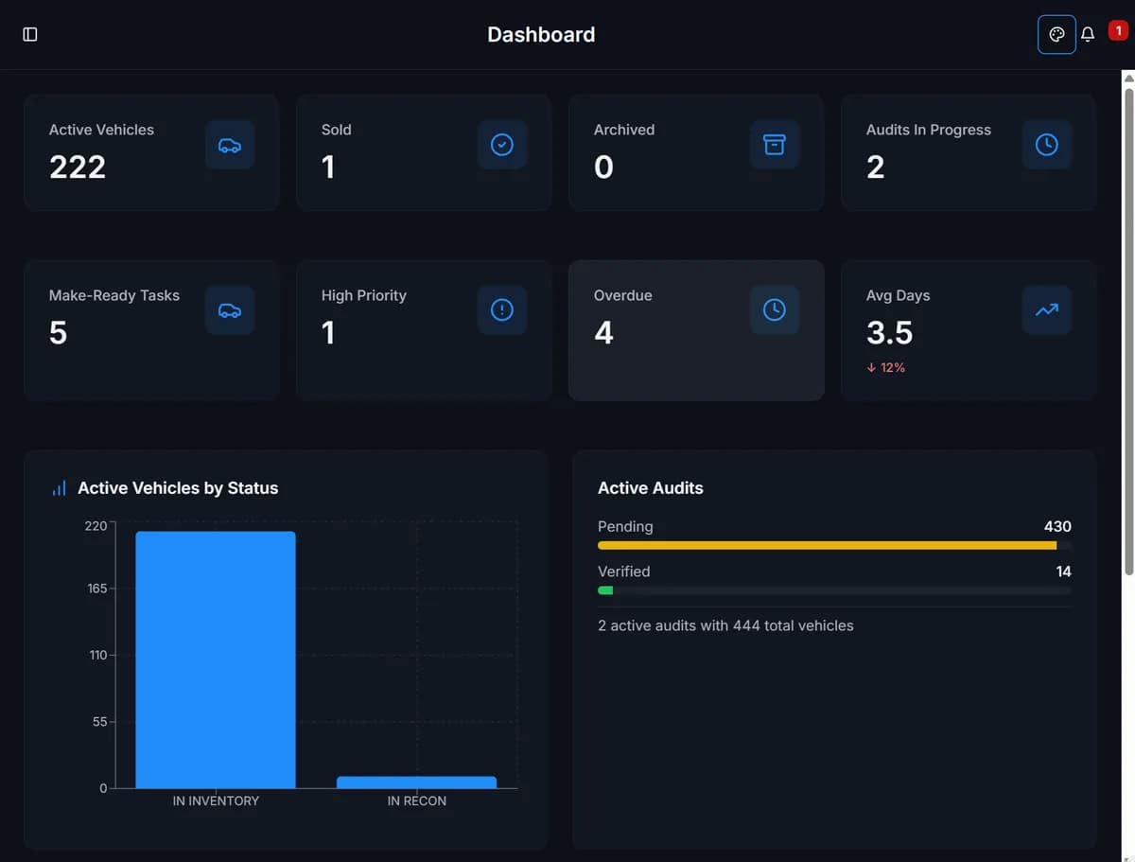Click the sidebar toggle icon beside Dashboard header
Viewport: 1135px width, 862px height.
point(30,34)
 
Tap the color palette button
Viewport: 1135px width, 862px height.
point(1056,35)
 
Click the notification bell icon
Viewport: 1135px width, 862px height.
point(1088,35)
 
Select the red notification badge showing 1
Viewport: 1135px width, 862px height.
point(1117,31)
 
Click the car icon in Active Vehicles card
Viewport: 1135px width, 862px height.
point(230,145)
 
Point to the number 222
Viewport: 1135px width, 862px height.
point(78,167)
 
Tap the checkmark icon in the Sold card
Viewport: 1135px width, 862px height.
point(502,145)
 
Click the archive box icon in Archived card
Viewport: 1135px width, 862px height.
point(775,145)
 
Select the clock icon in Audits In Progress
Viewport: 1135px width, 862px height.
point(1047,145)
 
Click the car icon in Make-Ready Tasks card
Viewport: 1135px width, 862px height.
point(230,310)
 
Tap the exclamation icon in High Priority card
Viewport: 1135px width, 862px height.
point(502,310)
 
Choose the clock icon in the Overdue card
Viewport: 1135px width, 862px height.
point(775,310)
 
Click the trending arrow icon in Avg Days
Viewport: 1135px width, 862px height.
point(1047,310)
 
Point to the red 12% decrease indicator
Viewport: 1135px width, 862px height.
point(886,367)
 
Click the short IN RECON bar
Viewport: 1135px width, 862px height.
point(416,783)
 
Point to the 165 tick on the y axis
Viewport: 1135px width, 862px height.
point(97,589)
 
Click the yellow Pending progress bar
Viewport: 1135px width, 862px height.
point(827,545)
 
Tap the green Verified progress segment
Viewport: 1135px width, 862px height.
point(605,590)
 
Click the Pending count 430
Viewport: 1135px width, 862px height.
point(1057,526)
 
